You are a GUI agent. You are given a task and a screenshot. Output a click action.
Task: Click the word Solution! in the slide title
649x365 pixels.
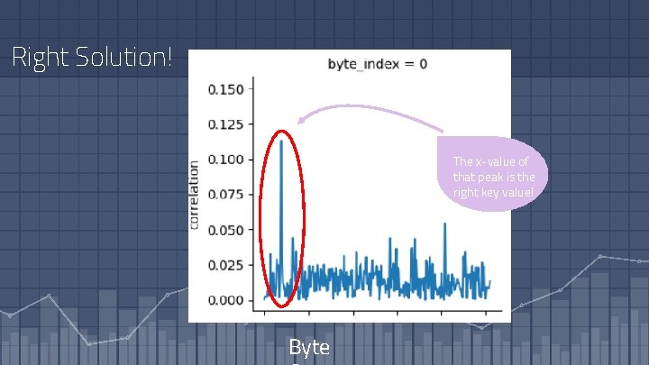coord(119,59)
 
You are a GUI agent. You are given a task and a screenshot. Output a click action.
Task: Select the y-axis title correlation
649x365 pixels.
coord(194,195)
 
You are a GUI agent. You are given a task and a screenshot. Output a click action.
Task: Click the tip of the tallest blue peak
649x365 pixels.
coord(282,141)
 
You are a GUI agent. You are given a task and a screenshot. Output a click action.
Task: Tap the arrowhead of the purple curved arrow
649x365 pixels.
coord(300,122)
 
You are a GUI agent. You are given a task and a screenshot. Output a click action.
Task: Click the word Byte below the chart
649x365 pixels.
coord(309,348)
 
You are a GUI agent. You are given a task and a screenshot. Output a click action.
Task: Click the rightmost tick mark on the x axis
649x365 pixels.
coord(487,313)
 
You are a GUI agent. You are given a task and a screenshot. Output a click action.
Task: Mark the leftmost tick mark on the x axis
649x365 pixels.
coord(264,313)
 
